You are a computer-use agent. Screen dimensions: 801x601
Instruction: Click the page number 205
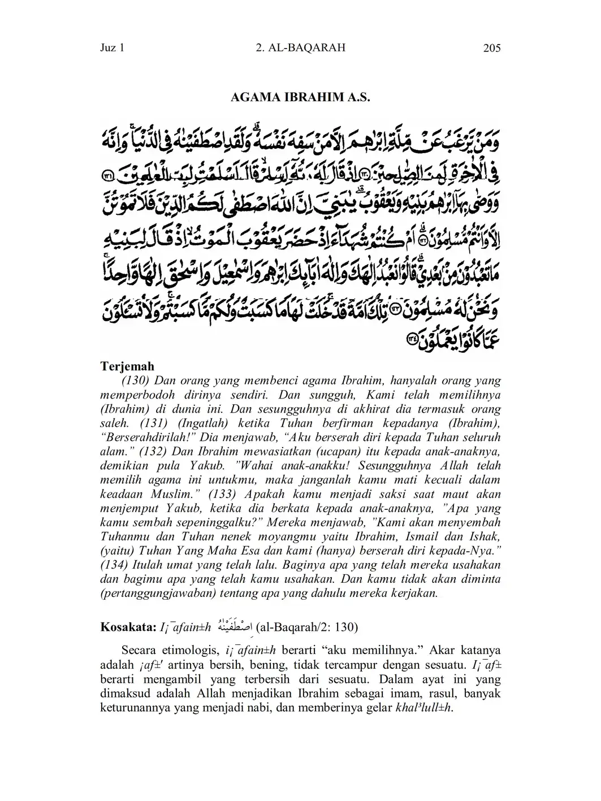492,49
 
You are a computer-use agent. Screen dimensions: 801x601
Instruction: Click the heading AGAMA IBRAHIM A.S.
300,97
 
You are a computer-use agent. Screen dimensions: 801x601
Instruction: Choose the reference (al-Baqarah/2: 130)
307,627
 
